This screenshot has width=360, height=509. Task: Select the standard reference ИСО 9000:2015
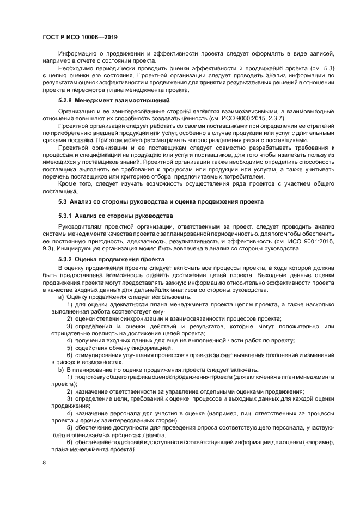(240, 118)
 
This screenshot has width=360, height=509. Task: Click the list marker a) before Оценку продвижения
(61, 297)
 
